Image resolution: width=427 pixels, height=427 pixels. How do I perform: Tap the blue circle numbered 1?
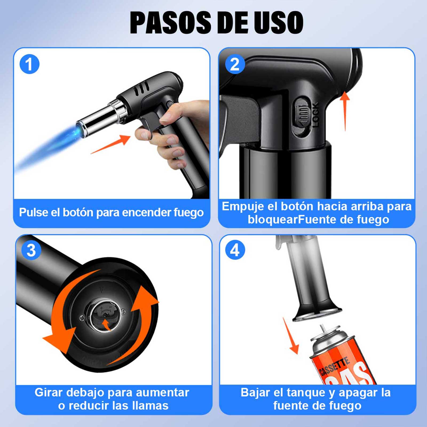29,64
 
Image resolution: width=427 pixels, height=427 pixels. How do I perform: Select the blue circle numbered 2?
235,64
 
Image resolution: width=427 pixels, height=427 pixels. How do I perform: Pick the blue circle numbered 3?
31,250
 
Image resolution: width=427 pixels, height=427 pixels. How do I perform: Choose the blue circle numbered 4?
235,250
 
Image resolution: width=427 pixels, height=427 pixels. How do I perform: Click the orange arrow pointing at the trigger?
110,144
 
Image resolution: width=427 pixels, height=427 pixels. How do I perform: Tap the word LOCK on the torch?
315,114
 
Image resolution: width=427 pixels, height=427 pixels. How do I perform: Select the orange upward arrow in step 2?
345,111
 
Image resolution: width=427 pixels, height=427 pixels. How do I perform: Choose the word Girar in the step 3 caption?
49,393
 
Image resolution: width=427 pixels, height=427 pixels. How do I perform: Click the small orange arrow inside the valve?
106,325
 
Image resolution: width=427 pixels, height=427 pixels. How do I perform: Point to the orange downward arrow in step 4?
291,336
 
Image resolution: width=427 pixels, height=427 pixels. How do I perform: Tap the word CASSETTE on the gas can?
334,367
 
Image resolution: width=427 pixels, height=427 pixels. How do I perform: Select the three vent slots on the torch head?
141,88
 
